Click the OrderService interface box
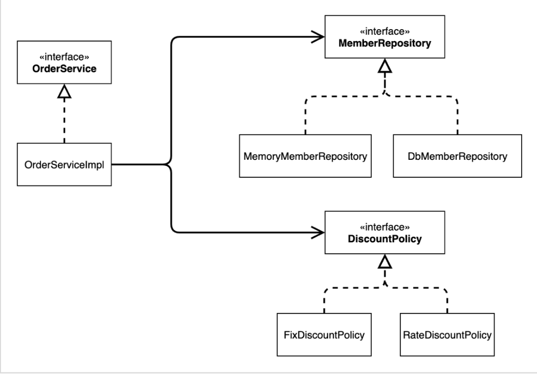pos(64,62)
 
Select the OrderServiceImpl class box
pos(64,164)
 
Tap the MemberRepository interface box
pos(385,36)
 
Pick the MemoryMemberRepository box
pos(305,156)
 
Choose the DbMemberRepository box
pos(457,156)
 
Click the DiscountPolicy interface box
pos(385,233)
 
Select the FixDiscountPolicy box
pos(324,335)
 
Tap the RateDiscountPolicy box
pos(447,335)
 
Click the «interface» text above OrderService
pos(64,57)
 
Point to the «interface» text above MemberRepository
pos(385,31)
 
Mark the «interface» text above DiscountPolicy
pos(385,227)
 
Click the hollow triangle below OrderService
pos(64,91)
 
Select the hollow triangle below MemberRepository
pos(385,66)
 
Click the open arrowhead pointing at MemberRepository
pos(317,36)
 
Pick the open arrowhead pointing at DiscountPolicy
pos(317,233)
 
